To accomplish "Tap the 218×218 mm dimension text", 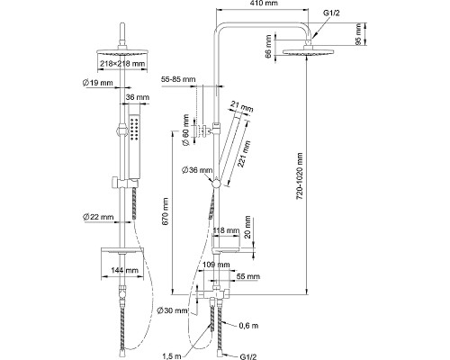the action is (122, 64).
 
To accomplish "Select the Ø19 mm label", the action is (97, 83).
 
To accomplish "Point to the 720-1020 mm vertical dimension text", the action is (300, 176).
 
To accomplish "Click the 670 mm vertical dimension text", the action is (166, 211).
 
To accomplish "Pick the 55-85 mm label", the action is (178, 79).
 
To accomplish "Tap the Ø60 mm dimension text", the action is (185, 130).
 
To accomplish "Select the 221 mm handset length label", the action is (244, 153).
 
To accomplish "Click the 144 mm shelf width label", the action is (124, 270).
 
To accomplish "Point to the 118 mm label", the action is (226, 230).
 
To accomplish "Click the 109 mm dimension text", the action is (216, 265).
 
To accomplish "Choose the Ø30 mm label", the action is (172, 310).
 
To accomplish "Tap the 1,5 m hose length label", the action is (172, 356).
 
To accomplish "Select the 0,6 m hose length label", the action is (248, 326).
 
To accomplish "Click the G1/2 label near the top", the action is (331, 13).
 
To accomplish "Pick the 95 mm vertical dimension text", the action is (358, 34).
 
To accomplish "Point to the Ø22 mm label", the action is (98, 217).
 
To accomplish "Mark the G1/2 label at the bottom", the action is (248, 356).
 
